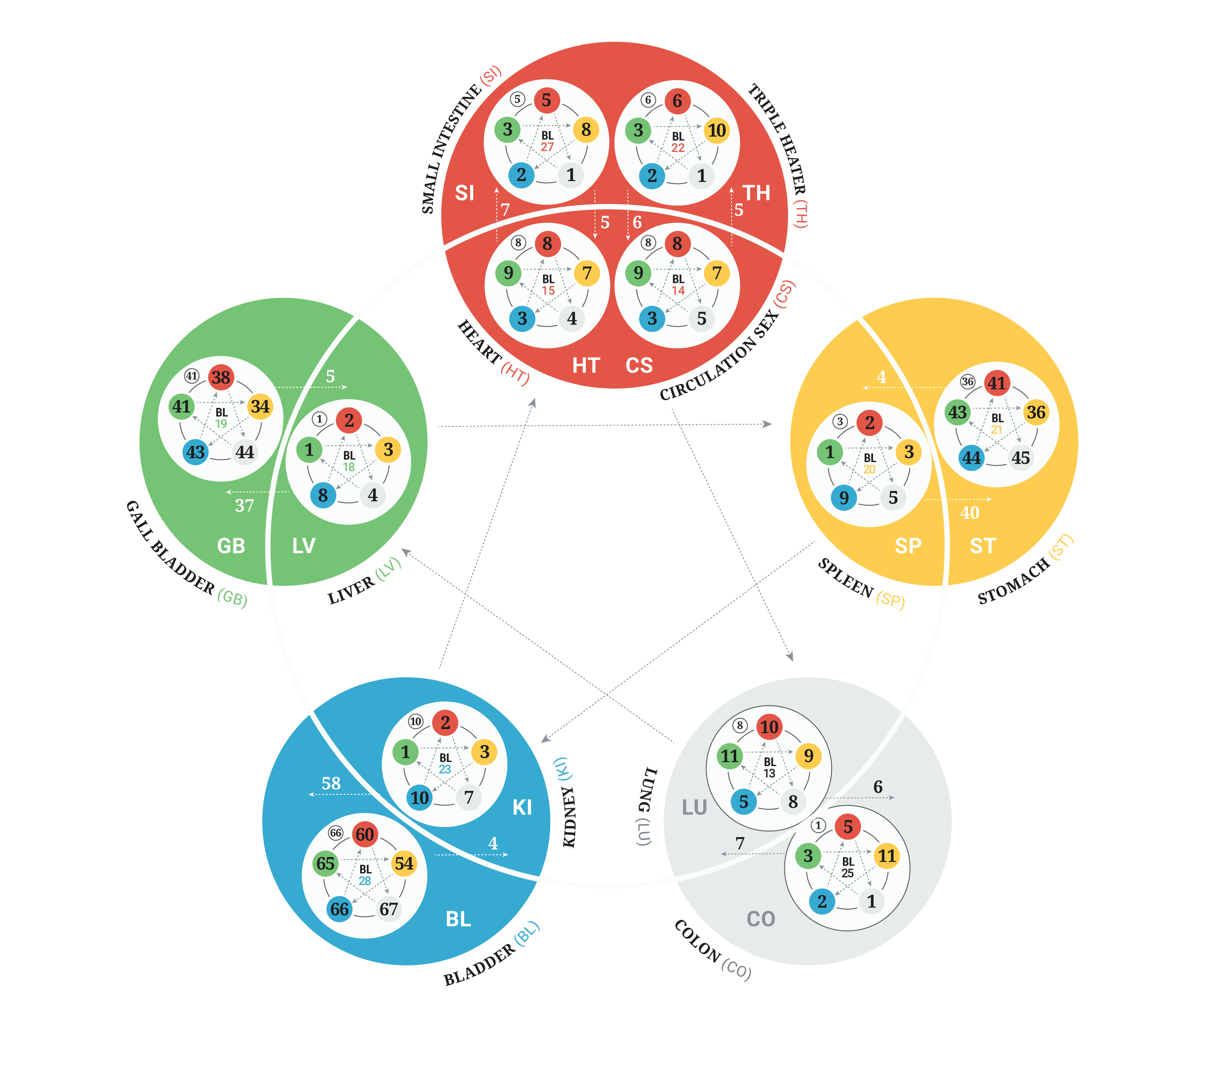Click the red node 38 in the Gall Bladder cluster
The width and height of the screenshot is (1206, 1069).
pyautogui.click(x=220, y=377)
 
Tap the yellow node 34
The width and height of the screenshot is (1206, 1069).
pyautogui.click(x=260, y=407)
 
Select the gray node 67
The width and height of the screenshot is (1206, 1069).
pyautogui.click(x=388, y=909)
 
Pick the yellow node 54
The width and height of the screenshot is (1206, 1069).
pyautogui.click(x=404, y=864)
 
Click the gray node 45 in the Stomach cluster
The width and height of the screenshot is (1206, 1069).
pyautogui.click(x=1021, y=458)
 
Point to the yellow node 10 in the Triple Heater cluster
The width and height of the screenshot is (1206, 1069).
pyautogui.click(x=717, y=130)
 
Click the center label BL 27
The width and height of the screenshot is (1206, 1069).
pyautogui.click(x=548, y=141)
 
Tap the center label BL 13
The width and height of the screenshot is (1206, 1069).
pyautogui.click(x=769, y=768)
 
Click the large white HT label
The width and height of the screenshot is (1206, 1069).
pyautogui.click(x=586, y=366)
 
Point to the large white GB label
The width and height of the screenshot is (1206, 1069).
pyautogui.click(x=231, y=546)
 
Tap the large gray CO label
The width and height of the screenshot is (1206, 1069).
pyautogui.click(x=761, y=919)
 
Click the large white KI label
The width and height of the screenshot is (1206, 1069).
pyautogui.click(x=522, y=808)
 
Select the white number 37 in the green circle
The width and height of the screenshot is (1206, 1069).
pyautogui.click(x=244, y=505)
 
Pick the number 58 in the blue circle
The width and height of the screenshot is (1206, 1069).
pyautogui.click(x=331, y=784)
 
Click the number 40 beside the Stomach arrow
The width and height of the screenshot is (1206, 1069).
pyautogui.click(x=970, y=513)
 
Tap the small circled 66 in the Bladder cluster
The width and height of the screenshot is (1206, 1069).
pyautogui.click(x=336, y=833)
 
